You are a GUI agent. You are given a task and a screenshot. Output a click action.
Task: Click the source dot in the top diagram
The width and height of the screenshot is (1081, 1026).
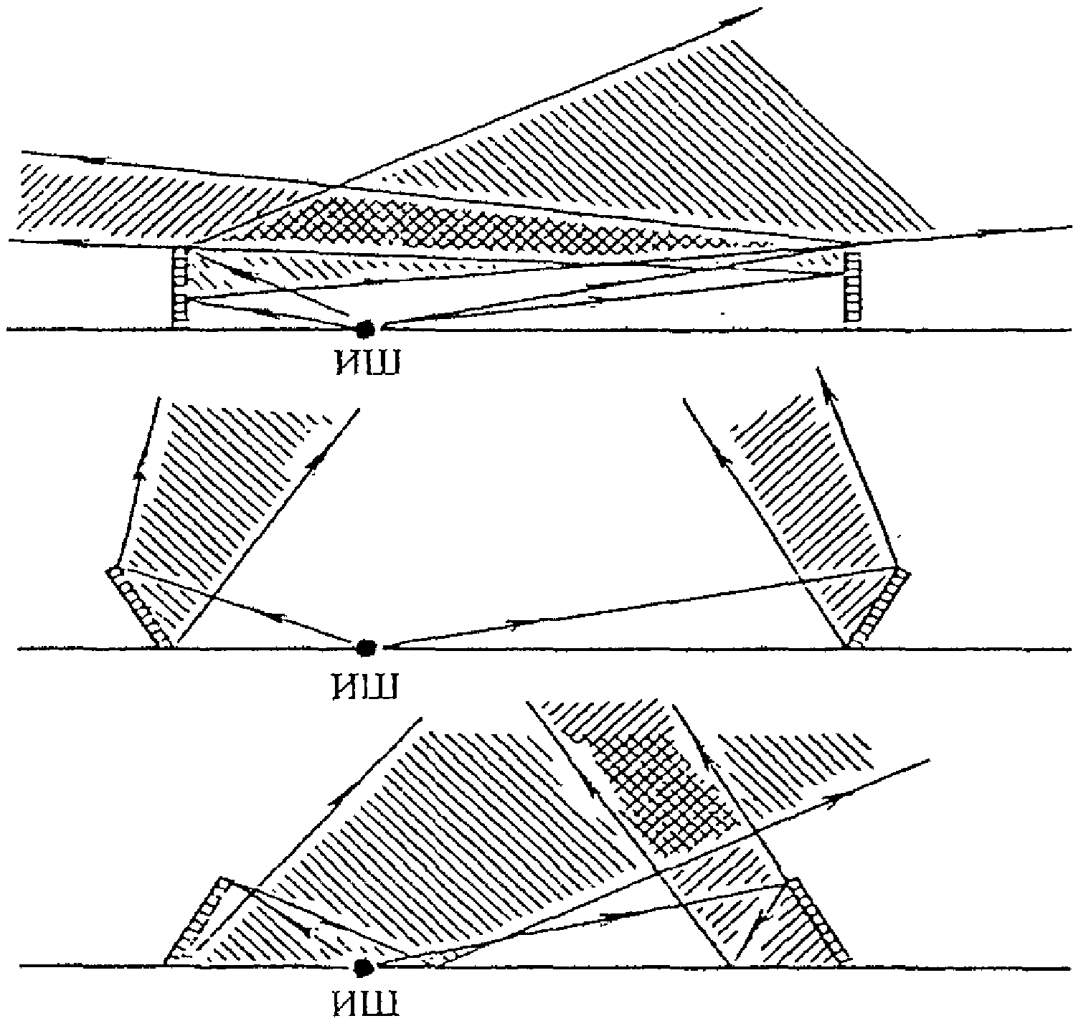[366, 328]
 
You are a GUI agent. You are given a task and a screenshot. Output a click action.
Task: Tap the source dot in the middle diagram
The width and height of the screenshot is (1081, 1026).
[366, 647]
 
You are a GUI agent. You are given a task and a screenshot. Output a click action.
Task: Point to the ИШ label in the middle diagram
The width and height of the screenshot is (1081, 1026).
[365, 685]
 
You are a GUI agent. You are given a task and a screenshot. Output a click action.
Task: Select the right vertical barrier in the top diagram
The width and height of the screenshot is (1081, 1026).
[852, 287]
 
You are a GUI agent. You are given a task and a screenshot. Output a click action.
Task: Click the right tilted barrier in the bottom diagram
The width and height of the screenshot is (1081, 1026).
[818, 918]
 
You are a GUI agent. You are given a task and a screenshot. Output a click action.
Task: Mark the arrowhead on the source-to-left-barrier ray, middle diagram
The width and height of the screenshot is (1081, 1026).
[276, 616]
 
